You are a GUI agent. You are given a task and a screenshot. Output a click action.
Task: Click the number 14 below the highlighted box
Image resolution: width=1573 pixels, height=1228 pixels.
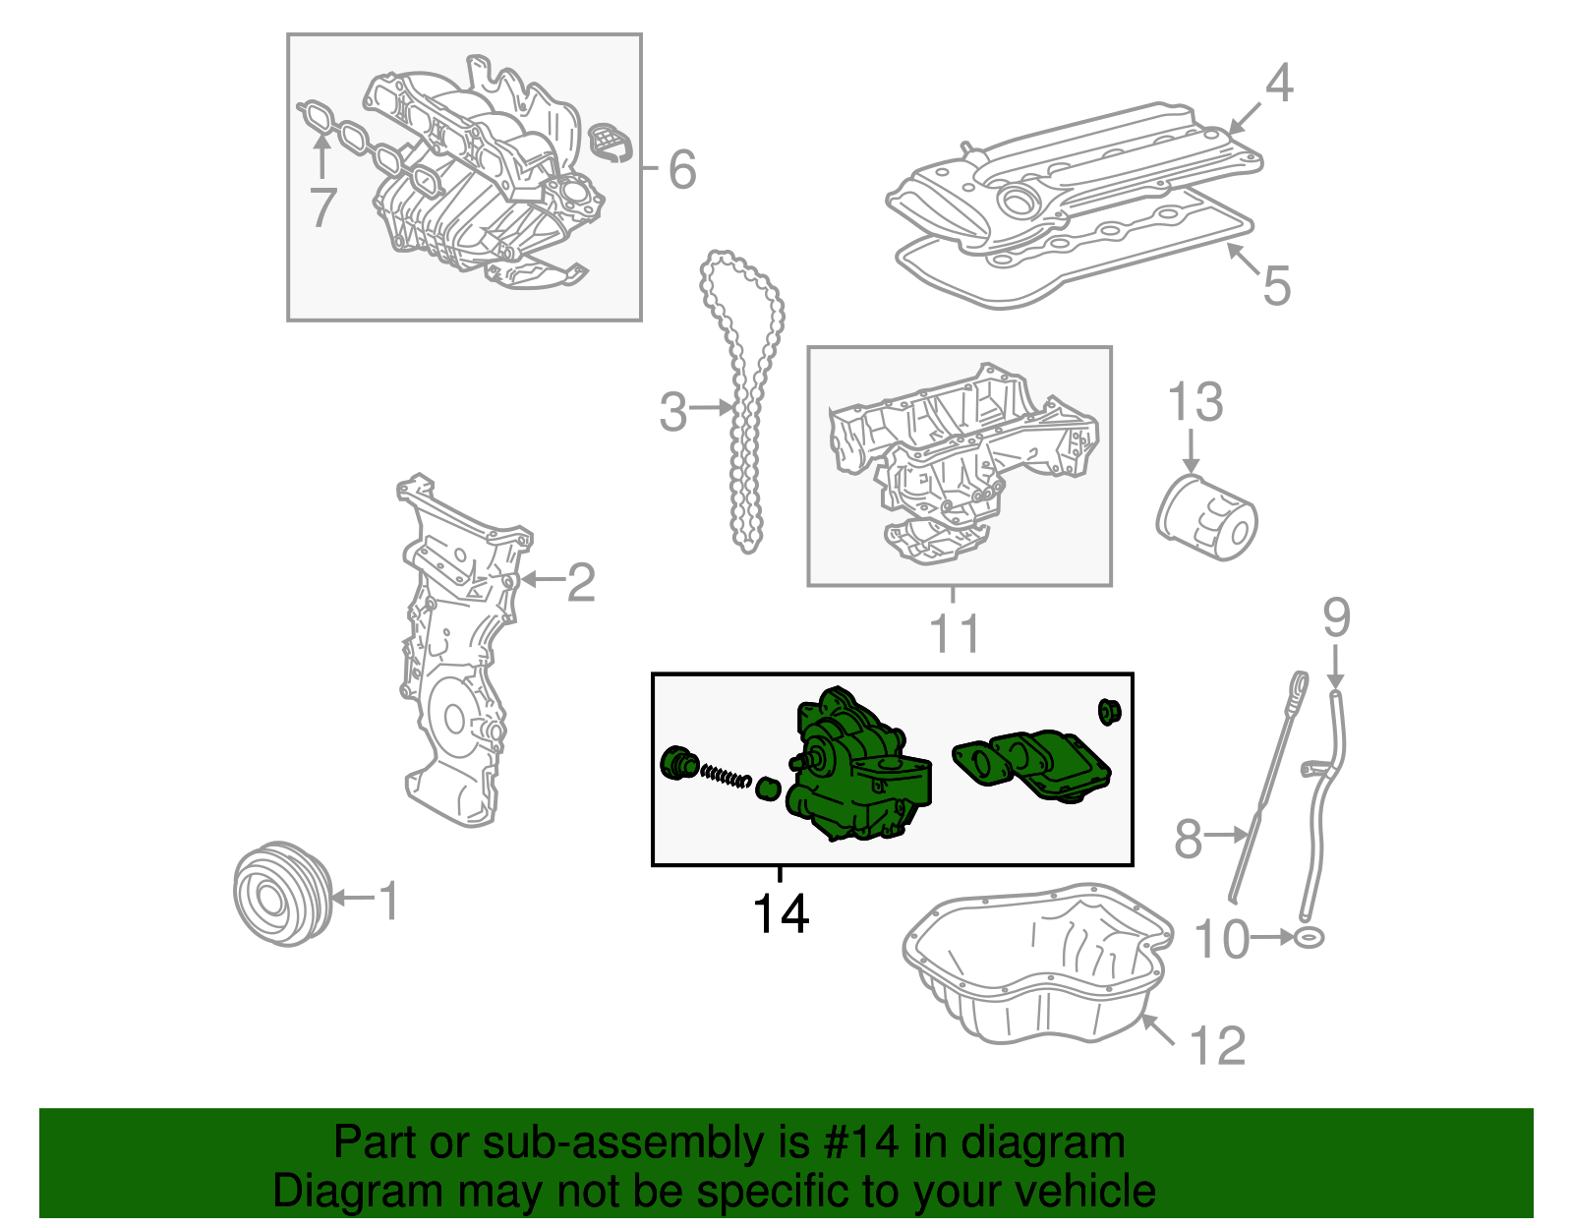781,914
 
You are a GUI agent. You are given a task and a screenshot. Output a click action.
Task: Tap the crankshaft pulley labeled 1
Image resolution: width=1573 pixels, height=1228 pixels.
282,894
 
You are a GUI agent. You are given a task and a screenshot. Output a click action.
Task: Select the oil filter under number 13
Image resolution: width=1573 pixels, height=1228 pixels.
1206,519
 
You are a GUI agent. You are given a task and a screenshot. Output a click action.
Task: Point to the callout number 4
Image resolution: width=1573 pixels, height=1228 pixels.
1278,84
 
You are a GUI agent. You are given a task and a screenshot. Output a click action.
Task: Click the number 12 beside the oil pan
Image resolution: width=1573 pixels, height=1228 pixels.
1218,1045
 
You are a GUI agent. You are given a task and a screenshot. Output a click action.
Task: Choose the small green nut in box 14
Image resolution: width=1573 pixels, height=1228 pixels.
1109,710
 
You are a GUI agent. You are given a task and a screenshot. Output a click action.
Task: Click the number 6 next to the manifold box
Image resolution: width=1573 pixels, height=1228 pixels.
682,170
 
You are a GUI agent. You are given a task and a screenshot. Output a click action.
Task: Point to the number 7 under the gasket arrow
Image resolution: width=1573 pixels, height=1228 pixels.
322,207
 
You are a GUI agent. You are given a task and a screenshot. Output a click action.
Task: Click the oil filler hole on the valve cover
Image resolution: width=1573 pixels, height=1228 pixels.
1018,202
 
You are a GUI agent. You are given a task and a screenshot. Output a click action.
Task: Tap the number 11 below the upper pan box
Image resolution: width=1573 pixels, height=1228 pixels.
955,634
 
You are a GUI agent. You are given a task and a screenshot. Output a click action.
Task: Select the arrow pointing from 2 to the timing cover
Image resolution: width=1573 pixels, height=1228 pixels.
540,580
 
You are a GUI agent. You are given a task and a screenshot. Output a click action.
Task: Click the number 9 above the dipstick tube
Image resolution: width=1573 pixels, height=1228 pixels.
1335,618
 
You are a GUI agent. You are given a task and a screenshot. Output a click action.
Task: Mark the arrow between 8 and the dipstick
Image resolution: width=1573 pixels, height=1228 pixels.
1226,835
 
